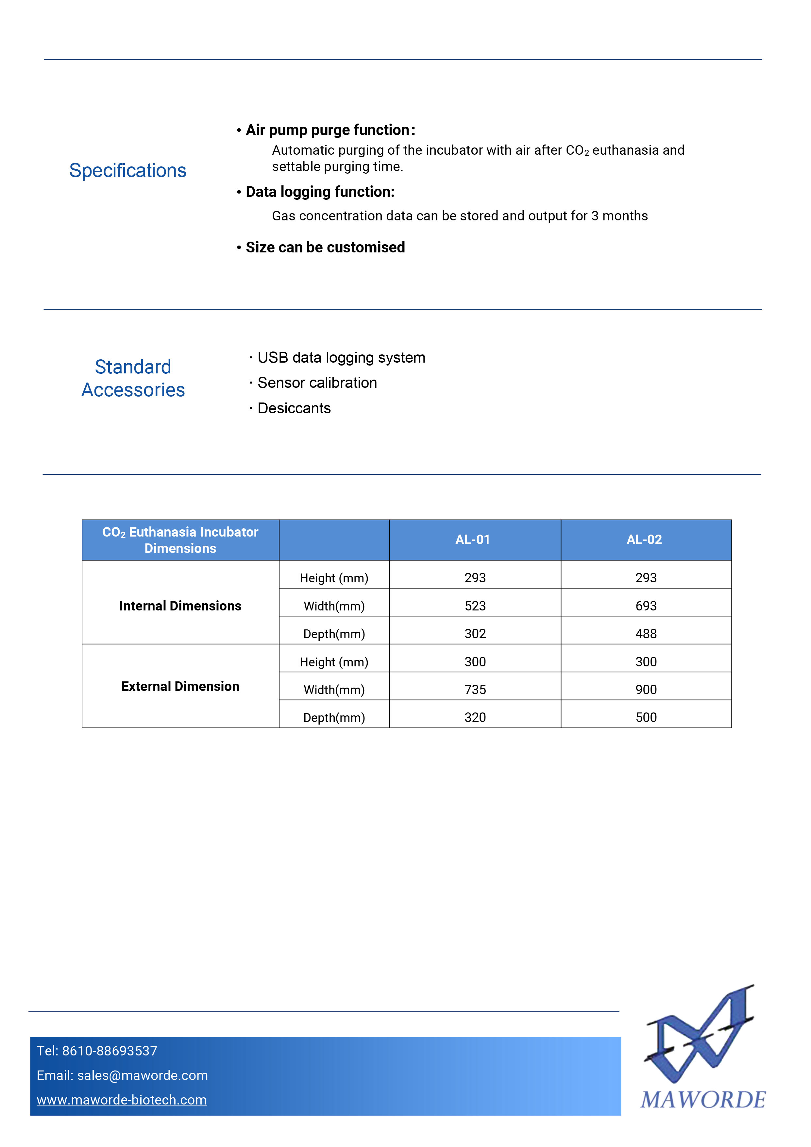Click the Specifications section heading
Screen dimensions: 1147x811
[127, 171]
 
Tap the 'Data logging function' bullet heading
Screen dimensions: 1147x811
[320, 192]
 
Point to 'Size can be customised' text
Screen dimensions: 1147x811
[325, 247]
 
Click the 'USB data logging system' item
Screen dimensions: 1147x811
[341, 358]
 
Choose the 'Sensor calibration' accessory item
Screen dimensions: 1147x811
[317, 383]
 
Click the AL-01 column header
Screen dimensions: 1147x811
[472, 539]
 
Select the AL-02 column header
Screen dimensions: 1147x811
[644, 539]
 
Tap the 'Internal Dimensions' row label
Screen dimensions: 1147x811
[180, 606]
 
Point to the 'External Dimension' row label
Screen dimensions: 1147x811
[180, 686]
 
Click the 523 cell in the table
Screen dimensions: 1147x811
[475, 606]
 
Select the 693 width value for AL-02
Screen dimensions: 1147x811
[646, 606]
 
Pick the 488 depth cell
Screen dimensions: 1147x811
[646, 634]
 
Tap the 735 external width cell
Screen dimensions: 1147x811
[475, 690]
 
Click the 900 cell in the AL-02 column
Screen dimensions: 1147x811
[646, 690]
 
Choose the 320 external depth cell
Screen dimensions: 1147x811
[475, 718]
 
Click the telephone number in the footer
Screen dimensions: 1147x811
[97, 1051]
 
